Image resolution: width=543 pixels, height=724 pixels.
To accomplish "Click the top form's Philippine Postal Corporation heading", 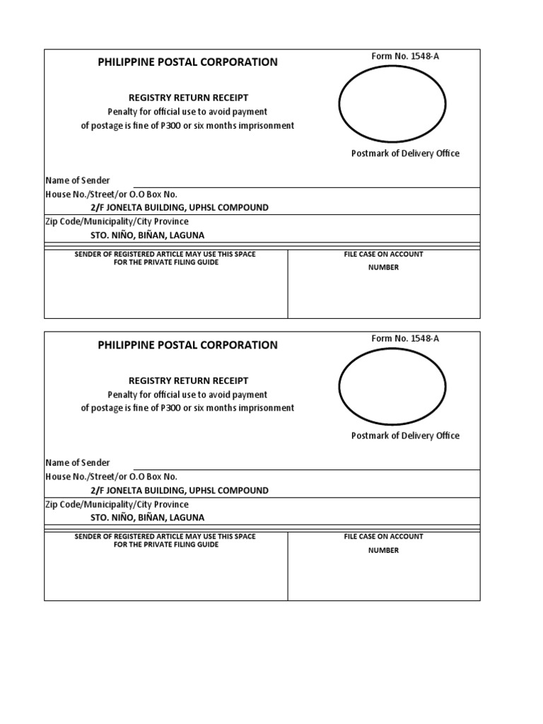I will point(187,62).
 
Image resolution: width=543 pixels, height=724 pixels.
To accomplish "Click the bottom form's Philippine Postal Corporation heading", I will point(187,345).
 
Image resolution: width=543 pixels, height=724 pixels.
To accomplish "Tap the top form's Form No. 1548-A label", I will point(405,56).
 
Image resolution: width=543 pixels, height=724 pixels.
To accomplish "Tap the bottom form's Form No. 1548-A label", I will point(405,339).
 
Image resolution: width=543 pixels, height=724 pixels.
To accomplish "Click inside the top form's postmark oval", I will point(392,104).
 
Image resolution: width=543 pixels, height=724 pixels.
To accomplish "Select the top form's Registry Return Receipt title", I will point(188,98).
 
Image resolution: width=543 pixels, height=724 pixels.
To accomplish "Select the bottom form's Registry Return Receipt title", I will point(188,380).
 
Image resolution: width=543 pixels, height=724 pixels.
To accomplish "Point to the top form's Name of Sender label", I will point(78,180).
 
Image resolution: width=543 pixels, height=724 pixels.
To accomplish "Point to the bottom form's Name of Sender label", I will point(78,462).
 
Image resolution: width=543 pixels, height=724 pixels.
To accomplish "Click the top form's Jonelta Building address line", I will point(179,207).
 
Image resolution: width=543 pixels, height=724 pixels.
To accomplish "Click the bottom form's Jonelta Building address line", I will point(179,490).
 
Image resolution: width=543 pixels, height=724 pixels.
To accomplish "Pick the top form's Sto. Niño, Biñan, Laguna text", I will point(147,235).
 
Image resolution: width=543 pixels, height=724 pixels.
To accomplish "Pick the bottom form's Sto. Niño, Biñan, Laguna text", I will point(147,518).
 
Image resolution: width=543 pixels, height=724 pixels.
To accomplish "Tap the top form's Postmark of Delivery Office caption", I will point(405,153).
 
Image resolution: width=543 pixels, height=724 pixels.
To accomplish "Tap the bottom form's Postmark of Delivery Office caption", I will point(405,436).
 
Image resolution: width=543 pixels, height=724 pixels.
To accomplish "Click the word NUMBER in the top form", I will point(383,267).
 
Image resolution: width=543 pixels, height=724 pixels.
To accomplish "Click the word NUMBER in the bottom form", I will point(383,550).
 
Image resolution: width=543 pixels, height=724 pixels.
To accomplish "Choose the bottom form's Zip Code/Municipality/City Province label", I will point(117,505).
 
